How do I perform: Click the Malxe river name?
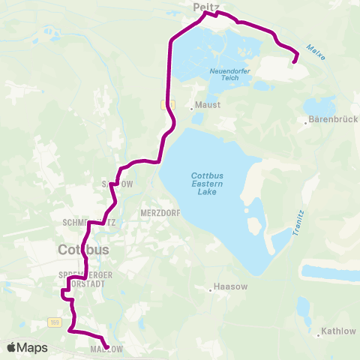pyautogui.click(x=316, y=52)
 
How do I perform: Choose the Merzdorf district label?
pyautogui.click(x=158, y=213)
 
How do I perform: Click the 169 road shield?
pyautogui.click(x=55, y=322)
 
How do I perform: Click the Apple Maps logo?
pyautogui.click(x=27, y=348)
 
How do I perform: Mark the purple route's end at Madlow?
pyautogui.click(x=106, y=347)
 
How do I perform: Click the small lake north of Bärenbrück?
pyautogui.click(x=319, y=103)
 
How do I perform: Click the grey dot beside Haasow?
pyautogui.click(x=210, y=287)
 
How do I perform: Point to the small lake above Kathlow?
pyautogui.click(x=303, y=307)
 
